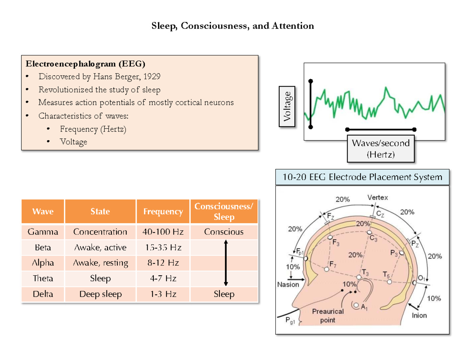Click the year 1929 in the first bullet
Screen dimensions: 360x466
(x=151, y=77)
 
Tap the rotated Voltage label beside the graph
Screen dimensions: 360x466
(x=287, y=106)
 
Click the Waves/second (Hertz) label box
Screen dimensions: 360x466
(x=381, y=149)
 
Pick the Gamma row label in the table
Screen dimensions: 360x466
(x=43, y=232)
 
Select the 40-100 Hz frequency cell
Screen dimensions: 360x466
(x=163, y=232)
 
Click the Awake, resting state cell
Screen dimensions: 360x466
(x=100, y=263)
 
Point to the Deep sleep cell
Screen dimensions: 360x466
(x=100, y=294)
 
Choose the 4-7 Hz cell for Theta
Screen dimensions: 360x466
(x=163, y=278)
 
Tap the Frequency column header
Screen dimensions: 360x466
(x=163, y=212)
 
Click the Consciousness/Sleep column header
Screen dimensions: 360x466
(x=224, y=212)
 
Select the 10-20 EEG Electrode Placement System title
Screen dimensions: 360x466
(x=362, y=177)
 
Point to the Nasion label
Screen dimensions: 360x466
(x=288, y=284)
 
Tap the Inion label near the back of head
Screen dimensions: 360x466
(x=419, y=315)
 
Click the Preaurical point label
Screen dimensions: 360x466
(x=328, y=316)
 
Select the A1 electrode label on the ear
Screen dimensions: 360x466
(x=363, y=308)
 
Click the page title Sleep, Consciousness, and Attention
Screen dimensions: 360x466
(x=233, y=26)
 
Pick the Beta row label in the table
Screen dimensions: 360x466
(x=43, y=247)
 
